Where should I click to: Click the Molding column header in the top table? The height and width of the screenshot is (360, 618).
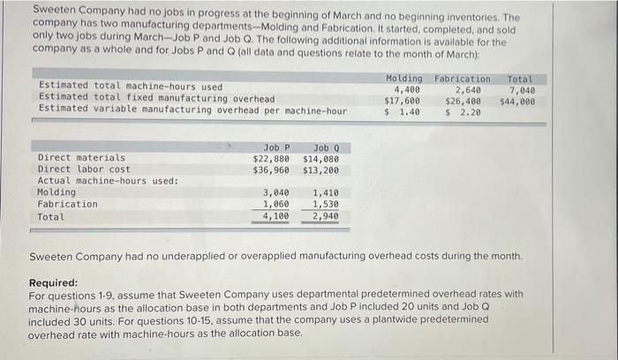click(x=404, y=79)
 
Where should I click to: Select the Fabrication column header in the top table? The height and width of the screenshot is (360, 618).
click(x=462, y=79)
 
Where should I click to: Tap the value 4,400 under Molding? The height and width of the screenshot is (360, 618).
click(x=407, y=89)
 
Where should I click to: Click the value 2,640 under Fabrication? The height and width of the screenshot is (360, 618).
click(x=467, y=89)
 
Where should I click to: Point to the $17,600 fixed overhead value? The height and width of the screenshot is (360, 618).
click(x=402, y=101)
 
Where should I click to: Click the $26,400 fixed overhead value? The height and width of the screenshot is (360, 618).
click(x=463, y=101)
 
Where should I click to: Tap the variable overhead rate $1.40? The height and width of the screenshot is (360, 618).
click(x=402, y=112)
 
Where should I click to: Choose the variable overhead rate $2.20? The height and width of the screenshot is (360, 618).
click(x=463, y=112)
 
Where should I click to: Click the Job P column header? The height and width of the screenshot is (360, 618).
click(x=276, y=147)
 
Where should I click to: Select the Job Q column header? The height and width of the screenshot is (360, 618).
click(x=323, y=147)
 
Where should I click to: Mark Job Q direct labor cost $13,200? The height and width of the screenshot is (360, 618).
click(x=320, y=169)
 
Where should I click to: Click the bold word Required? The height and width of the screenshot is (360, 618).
click(x=53, y=283)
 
